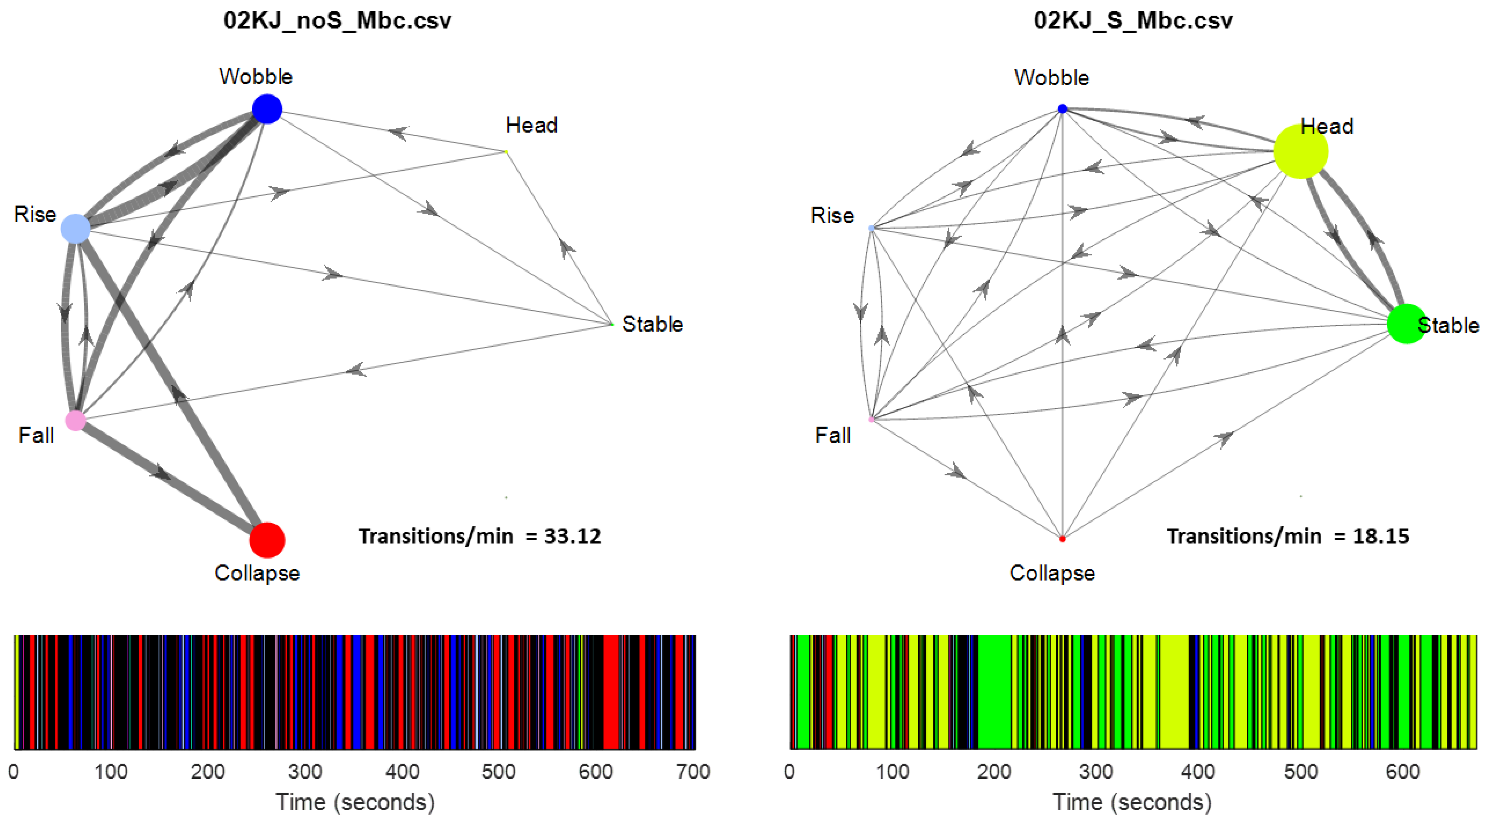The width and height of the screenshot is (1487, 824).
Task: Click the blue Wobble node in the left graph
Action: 267,109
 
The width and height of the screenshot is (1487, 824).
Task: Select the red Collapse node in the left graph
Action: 267,540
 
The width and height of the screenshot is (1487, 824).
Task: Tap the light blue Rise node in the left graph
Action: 75,229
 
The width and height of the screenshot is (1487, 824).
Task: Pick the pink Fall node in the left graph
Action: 75,420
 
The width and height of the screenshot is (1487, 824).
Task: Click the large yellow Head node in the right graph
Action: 1300,152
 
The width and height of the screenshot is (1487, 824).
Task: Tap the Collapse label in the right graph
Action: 1052,573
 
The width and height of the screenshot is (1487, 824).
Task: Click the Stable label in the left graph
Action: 652,324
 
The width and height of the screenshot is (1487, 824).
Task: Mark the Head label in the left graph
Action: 531,125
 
